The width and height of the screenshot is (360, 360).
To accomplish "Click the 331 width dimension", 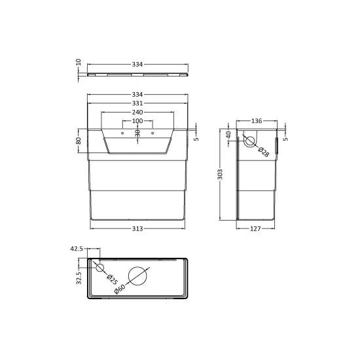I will click(x=137, y=103).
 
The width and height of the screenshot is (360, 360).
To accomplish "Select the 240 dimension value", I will click(x=137, y=112).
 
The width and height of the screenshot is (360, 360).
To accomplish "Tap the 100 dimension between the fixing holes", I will click(x=137, y=121).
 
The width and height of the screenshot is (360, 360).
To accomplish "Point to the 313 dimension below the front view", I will click(x=137, y=228).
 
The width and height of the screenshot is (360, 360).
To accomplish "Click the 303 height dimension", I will click(x=221, y=173).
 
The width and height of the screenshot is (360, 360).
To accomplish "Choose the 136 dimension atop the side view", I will click(x=257, y=121).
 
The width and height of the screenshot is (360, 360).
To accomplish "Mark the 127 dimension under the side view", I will click(x=255, y=228).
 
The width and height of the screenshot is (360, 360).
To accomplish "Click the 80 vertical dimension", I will click(x=79, y=141).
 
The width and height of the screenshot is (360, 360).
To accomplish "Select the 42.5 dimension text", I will click(x=77, y=249).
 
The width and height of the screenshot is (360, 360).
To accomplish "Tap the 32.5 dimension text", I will click(x=79, y=277).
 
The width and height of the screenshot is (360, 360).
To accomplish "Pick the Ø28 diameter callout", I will click(x=263, y=151).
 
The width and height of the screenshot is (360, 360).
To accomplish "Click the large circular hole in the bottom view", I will click(x=137, y=277).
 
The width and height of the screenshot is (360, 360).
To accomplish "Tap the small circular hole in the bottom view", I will click(x=99, y=267).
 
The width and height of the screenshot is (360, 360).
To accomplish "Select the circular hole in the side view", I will click(x=249, y=140).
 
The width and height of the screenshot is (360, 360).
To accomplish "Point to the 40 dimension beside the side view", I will click(x=228, y=134).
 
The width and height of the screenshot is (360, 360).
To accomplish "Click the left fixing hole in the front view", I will click(x=122, y=133).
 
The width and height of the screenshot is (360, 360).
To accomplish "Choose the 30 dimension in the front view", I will click(x=137, y=132).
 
